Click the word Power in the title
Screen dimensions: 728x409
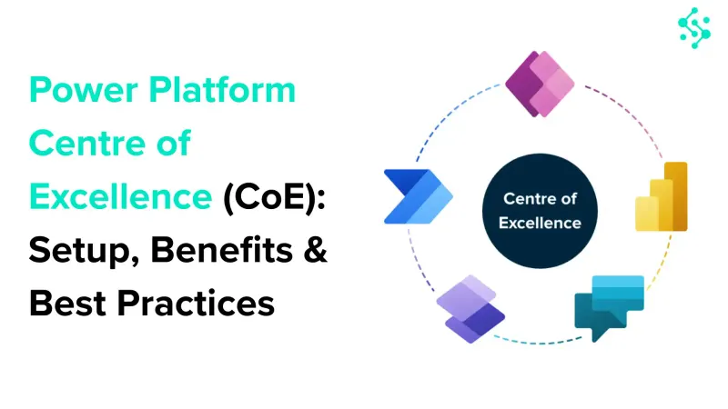click(x=84, y=90)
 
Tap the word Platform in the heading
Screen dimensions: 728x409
click(x=222, y=89)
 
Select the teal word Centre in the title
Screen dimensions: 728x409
click(x=86, y=143)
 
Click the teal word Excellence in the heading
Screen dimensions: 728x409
click(x=121, y=196)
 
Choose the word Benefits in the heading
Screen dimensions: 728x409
click(x=221, y=249)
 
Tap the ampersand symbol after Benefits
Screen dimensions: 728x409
click(x=316, y=250)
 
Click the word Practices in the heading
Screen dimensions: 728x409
click(x=196, y=304)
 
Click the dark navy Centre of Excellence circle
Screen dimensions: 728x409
click(x=540, y=211)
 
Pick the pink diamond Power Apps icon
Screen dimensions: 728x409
click(x=540, y=84)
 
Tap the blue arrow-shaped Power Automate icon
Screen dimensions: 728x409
click(x=419, y=196)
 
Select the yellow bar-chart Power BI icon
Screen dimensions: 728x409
click(x=662, y=196)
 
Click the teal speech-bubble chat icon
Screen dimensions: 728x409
click(x=609, y=307)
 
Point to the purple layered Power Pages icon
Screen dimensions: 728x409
click(x=470, y=309)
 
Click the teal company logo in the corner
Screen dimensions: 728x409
click(x=694, y=28)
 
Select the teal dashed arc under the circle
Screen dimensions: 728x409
click(x=539, y=343)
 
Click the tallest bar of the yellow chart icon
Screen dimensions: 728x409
click(x=676, y=196)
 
